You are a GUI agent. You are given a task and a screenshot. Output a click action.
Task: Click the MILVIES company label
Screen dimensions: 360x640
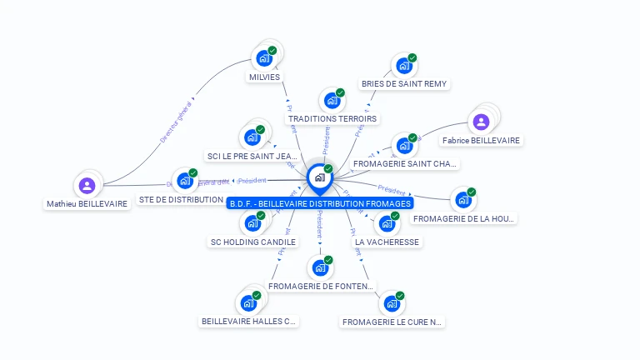pos(264,77)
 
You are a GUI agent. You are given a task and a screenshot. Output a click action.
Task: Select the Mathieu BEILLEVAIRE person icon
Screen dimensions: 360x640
pos(87,186)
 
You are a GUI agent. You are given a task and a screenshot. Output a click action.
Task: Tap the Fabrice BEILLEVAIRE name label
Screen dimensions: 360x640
pos(481,141)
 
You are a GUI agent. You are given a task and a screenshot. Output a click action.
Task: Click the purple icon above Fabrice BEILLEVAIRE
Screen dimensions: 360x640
pos(481,122)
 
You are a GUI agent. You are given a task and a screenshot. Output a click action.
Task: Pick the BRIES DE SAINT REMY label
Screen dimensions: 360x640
pos(404,84)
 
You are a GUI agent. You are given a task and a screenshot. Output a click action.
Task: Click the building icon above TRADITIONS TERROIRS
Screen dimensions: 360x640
pos(332,101)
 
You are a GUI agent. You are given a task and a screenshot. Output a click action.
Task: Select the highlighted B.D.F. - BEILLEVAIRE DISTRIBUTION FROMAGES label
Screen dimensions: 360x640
pos(320,203)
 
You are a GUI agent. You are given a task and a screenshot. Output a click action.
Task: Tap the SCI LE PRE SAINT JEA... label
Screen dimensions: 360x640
pos(252,156)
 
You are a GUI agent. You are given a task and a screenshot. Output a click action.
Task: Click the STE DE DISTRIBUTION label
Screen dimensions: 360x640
pos(181,200)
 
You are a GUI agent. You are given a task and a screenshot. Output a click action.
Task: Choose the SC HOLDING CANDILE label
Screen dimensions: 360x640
pos(252,242)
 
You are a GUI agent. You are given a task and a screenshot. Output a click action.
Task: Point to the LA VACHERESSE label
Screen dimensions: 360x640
pos(387,242)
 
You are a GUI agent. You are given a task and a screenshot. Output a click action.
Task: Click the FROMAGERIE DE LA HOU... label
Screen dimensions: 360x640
pos(464,218)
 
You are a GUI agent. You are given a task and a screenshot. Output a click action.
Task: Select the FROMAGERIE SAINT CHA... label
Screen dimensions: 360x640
pos(405,164)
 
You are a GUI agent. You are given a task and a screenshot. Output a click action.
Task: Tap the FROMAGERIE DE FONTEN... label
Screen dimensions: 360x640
pos(320,287)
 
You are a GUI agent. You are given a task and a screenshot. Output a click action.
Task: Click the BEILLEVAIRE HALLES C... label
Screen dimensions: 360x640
pos(248,321)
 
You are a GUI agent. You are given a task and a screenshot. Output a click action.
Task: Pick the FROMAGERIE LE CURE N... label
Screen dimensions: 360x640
pos(392,322)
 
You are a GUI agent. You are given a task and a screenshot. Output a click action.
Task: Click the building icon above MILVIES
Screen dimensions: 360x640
pos(264,58)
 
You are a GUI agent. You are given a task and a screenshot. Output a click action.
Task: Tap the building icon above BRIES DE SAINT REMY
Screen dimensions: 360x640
pos(404,66)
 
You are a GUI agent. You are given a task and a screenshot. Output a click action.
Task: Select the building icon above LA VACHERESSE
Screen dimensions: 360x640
pos(387,223)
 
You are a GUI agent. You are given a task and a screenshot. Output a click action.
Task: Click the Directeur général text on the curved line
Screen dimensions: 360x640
pos(176,122)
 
